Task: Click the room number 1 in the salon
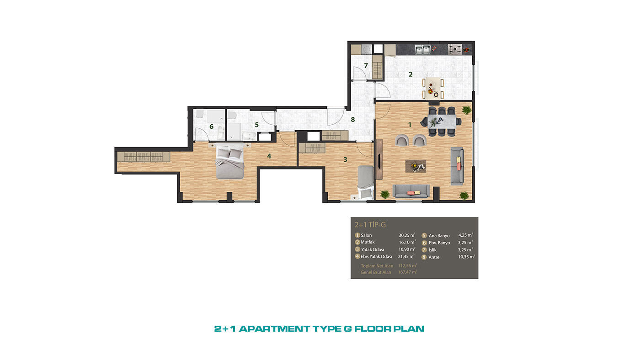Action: [410, 125]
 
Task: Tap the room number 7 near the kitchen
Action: [366, 66]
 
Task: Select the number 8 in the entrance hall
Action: [353, 120]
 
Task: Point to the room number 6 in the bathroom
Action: [211, 127]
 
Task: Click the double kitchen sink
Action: [423, 50]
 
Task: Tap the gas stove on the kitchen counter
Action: [455, 49]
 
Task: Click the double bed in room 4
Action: [229, 162]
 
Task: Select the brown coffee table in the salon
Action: [416, 166]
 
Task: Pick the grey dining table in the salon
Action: [442, 122]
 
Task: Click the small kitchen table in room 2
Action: [432, 88]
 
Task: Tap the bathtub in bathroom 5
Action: [234, 132]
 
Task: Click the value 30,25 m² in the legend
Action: [407, 235]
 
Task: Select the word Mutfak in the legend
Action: [368, 242]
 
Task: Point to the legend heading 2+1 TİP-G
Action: [370, 225]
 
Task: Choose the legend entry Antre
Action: [434, 257]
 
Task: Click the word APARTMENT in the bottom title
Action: [274, 329]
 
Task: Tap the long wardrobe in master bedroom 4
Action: [144, 157]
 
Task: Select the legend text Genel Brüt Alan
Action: [376, 272]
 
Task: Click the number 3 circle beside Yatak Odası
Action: [357, 249]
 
